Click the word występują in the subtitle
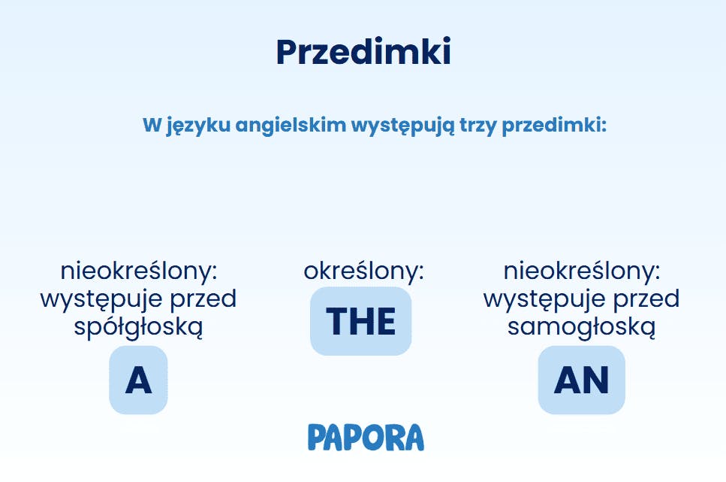click(x=402, y=126)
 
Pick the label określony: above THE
click(x=363, y=271)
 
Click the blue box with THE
click(x=361, y=321)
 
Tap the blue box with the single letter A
click(x=138, y=380)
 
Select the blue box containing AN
click(x=581, y=380)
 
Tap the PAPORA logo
click(x=366, y=437)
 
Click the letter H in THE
click(x=361, y=321)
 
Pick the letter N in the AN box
click(x=595, y=380)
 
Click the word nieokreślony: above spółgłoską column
click(x=139, y=271)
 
